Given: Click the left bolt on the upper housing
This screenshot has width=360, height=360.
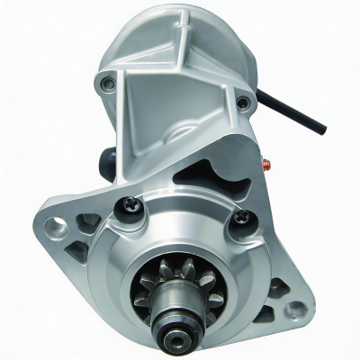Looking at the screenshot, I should point(108,85).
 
